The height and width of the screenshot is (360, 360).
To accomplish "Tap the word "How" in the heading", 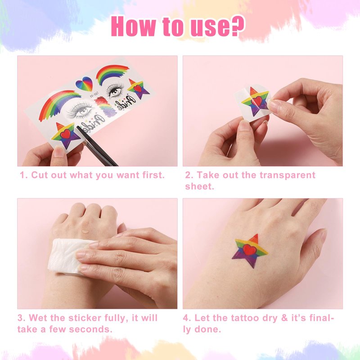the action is (133, 26).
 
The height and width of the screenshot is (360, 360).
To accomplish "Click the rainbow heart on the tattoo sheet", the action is (84, 84).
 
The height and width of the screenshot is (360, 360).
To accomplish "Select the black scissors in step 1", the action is (96, 145).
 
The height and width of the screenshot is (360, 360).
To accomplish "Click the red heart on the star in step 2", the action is (257, 101).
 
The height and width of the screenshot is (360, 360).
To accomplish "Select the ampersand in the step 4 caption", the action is (284, 318).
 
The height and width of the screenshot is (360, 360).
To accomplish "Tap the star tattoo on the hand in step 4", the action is (250, 251).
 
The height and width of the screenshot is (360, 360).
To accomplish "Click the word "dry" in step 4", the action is (270, 319).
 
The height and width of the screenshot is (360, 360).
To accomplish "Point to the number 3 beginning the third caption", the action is (20, 318).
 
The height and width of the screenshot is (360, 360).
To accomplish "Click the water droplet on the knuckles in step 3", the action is (85, 231).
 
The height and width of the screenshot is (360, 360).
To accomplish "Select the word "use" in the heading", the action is (208, 28).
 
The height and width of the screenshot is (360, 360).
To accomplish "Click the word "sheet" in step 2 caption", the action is (199, 186).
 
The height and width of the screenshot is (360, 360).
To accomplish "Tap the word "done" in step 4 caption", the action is (207, 329).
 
